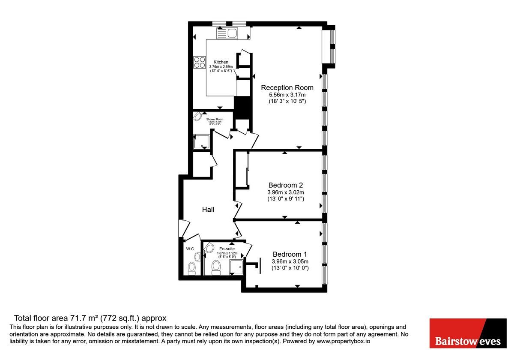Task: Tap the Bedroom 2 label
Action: pyautogui.click(x=285, y=185)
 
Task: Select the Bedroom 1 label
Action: pyautogui.click(x=290, y=254)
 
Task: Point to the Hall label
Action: pyautogui.click(x=208, y=210)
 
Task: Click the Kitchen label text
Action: pyautogui.click(x=221, y=62)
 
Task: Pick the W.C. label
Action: pyautogui.click(x=191, y=249)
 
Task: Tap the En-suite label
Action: pyautogui.click(x=227, y=249)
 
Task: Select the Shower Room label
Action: pyautogui.click(x=215, y=119)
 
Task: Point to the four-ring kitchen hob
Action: pyautogui.click(x=200, y=63)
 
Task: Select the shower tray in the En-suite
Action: pyautogui.click(x=236, y=267)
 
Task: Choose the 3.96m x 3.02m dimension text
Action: pyautogui.click(x=285, y=192)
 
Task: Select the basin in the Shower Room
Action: pyautogui.click(x=198, y=117)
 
